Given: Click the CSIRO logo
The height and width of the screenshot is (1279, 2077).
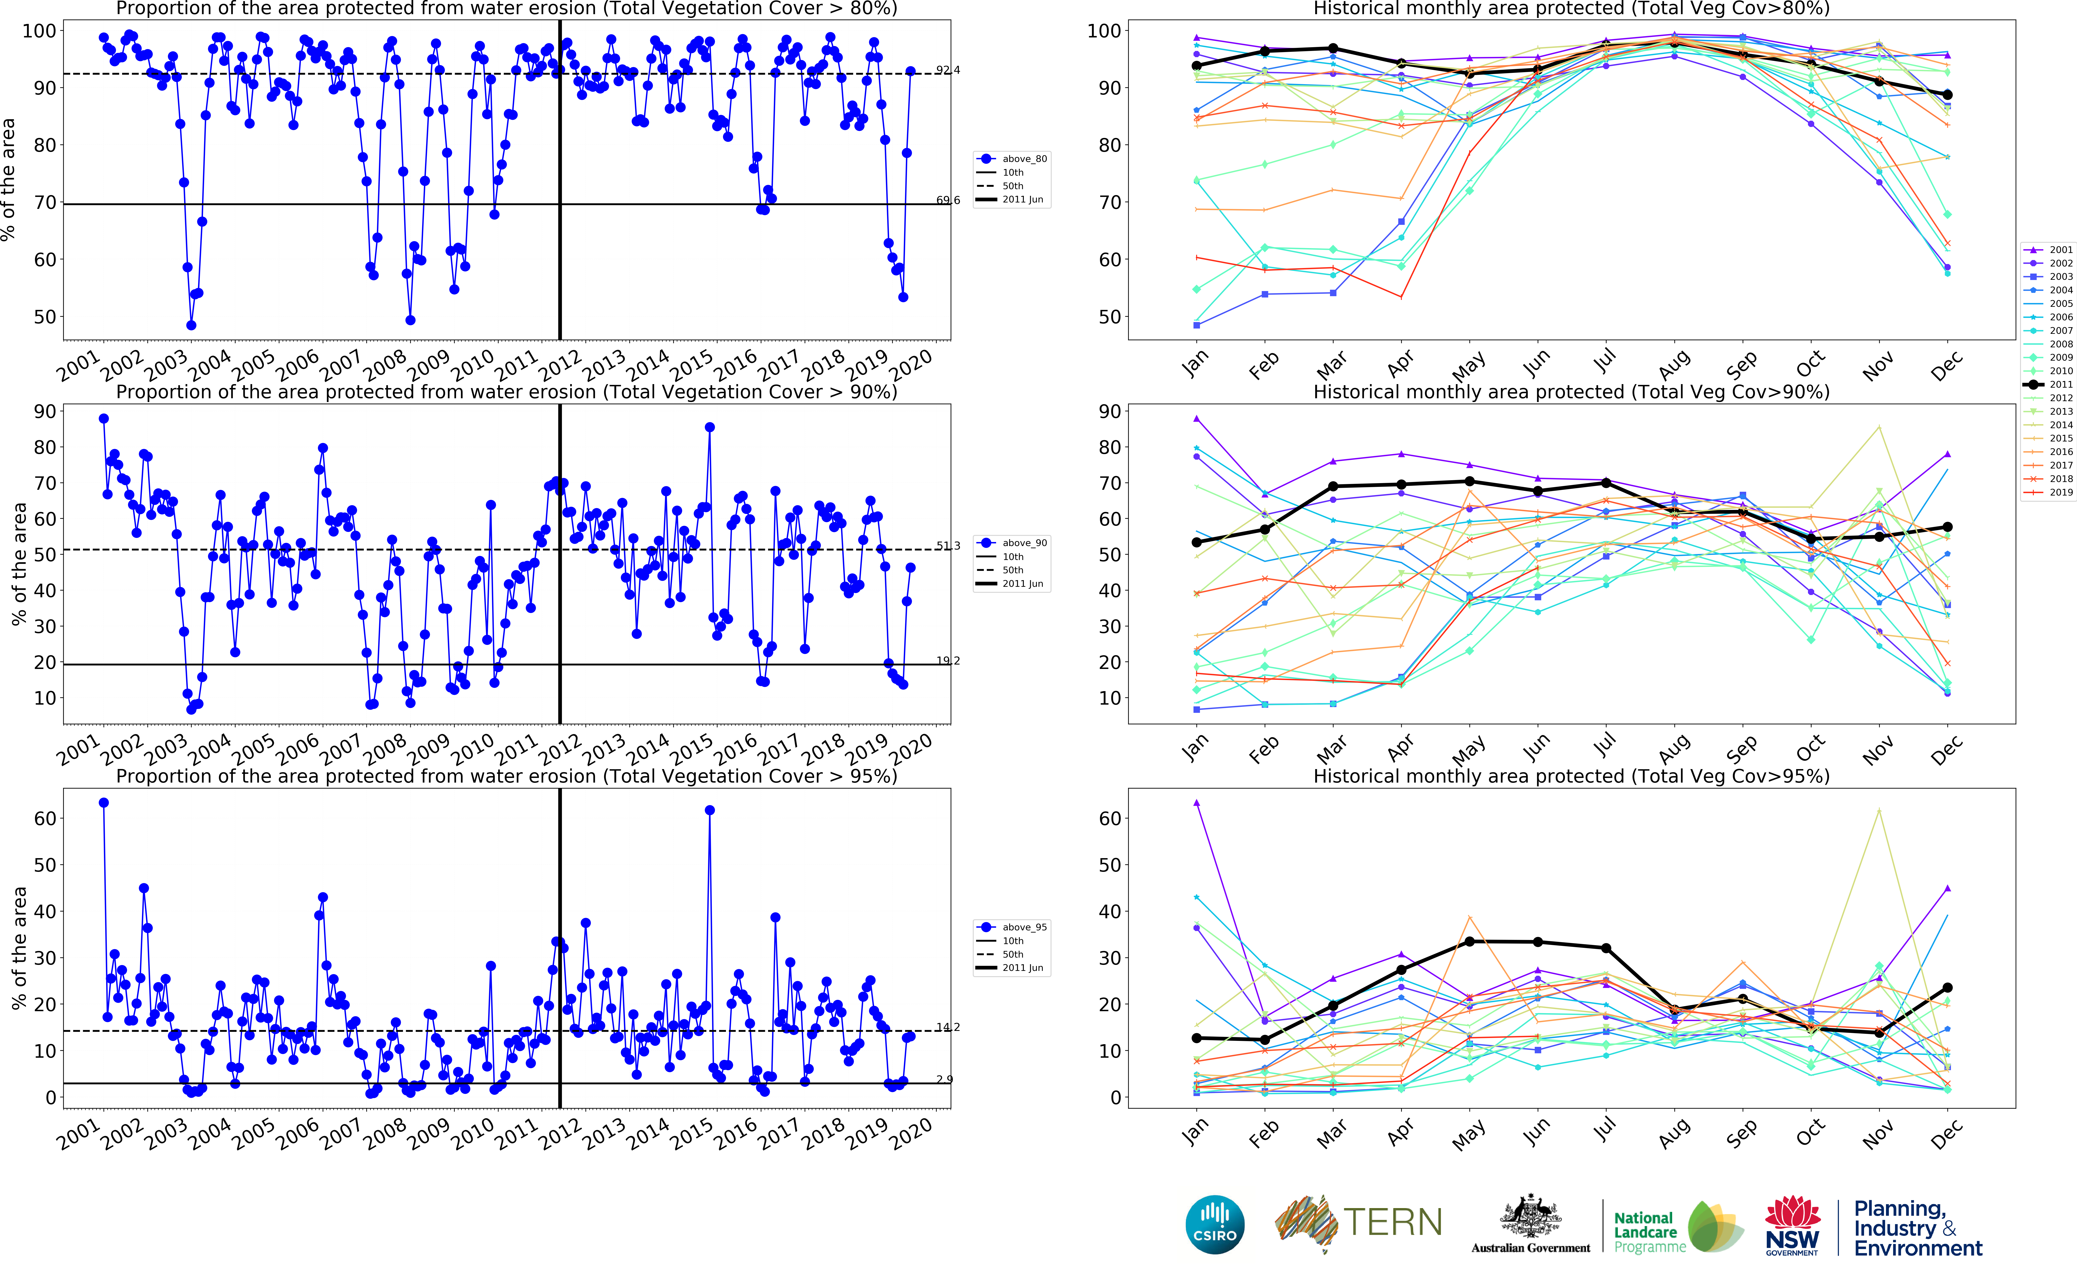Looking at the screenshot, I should click(1215, 1224).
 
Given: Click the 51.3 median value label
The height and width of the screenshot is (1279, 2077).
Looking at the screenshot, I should click(948, 546).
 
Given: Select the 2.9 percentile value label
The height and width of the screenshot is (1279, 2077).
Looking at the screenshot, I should click(944, 1079).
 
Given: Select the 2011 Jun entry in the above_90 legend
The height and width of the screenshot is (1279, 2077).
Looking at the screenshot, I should click(1022, 584).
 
